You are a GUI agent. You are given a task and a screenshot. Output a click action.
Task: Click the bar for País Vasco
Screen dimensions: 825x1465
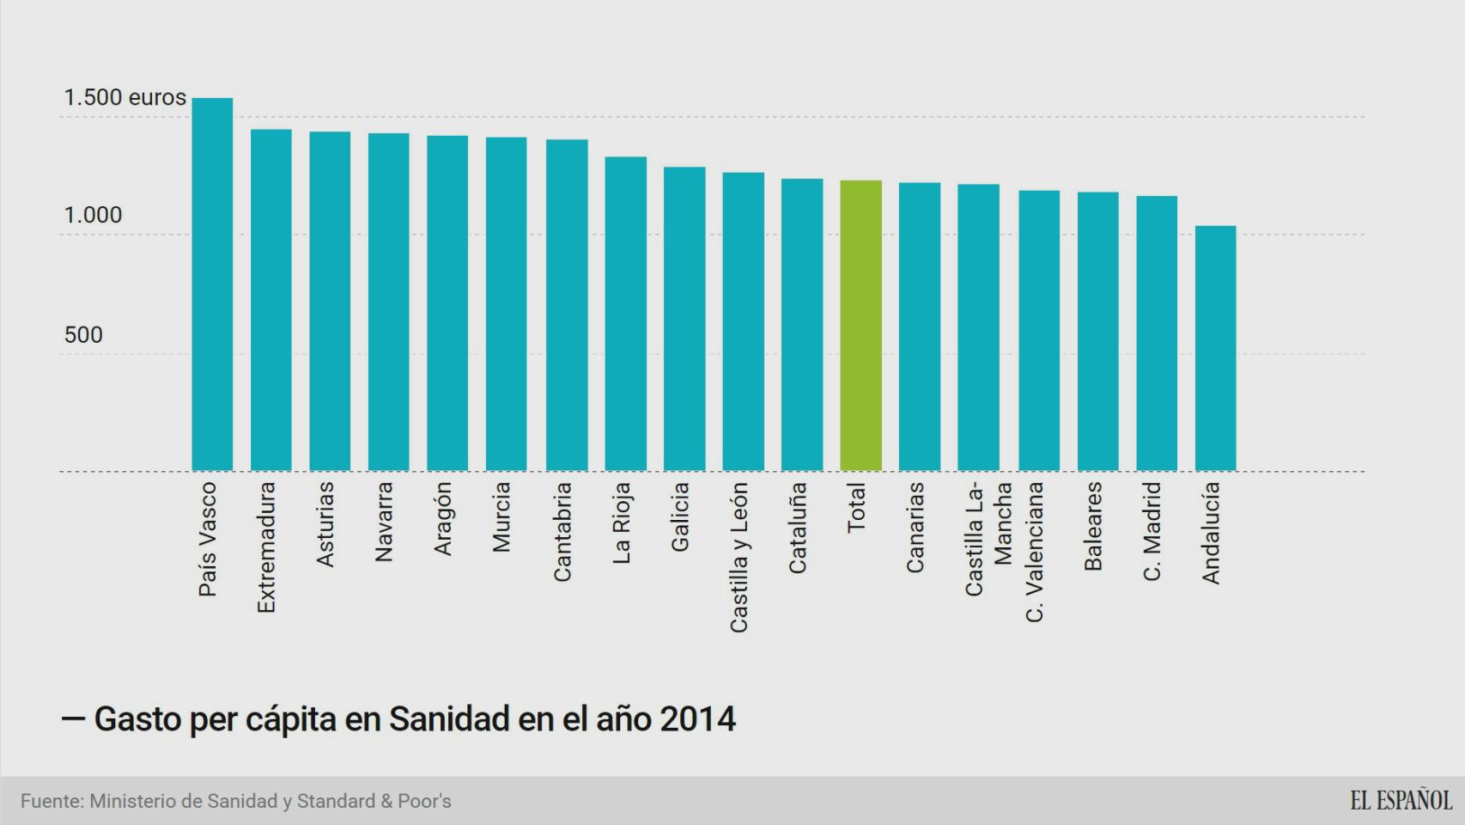point(212,284)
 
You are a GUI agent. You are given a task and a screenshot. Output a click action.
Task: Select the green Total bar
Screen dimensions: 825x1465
point(860,326)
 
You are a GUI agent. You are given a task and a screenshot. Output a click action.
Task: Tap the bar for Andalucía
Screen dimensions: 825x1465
point(1215,348)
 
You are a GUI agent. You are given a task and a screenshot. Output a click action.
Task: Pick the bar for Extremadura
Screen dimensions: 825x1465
point(271,300)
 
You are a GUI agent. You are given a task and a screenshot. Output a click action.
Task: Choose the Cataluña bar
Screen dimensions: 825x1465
point(802,325)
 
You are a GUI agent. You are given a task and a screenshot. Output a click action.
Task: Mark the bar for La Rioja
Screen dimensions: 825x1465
point(625,314)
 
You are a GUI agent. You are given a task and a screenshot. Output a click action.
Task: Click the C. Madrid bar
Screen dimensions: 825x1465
point(1157,333)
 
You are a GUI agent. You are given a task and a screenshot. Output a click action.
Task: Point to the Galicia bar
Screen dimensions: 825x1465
point(684,319)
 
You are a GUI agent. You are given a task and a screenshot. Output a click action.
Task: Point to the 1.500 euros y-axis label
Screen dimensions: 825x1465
point(125,98)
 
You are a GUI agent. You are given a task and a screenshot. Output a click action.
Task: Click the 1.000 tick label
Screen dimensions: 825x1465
point(93,216)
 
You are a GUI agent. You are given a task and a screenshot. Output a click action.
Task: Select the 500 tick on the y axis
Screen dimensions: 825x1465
point(83,335)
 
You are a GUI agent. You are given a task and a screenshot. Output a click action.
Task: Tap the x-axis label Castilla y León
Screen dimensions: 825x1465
point(739,557)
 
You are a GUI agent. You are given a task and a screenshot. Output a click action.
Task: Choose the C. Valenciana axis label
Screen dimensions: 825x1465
point(1035,552)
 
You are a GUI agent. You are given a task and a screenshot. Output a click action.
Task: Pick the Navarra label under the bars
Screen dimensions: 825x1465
point(384,522)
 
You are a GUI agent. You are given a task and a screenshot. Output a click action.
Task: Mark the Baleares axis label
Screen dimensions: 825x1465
point(1092,526)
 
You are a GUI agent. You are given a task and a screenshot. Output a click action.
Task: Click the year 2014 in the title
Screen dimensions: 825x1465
point(697,719)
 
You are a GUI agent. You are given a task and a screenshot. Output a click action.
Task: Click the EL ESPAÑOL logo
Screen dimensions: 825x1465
point(1401,801)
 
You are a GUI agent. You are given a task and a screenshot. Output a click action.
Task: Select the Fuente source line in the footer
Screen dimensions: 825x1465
point(236,801)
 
